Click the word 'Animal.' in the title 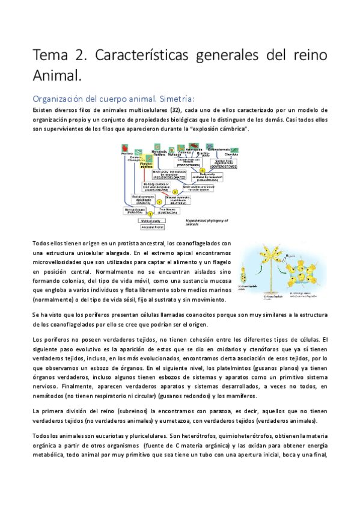(55, 76)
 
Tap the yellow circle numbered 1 (158, 214)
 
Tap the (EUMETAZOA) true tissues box (175, 210)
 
